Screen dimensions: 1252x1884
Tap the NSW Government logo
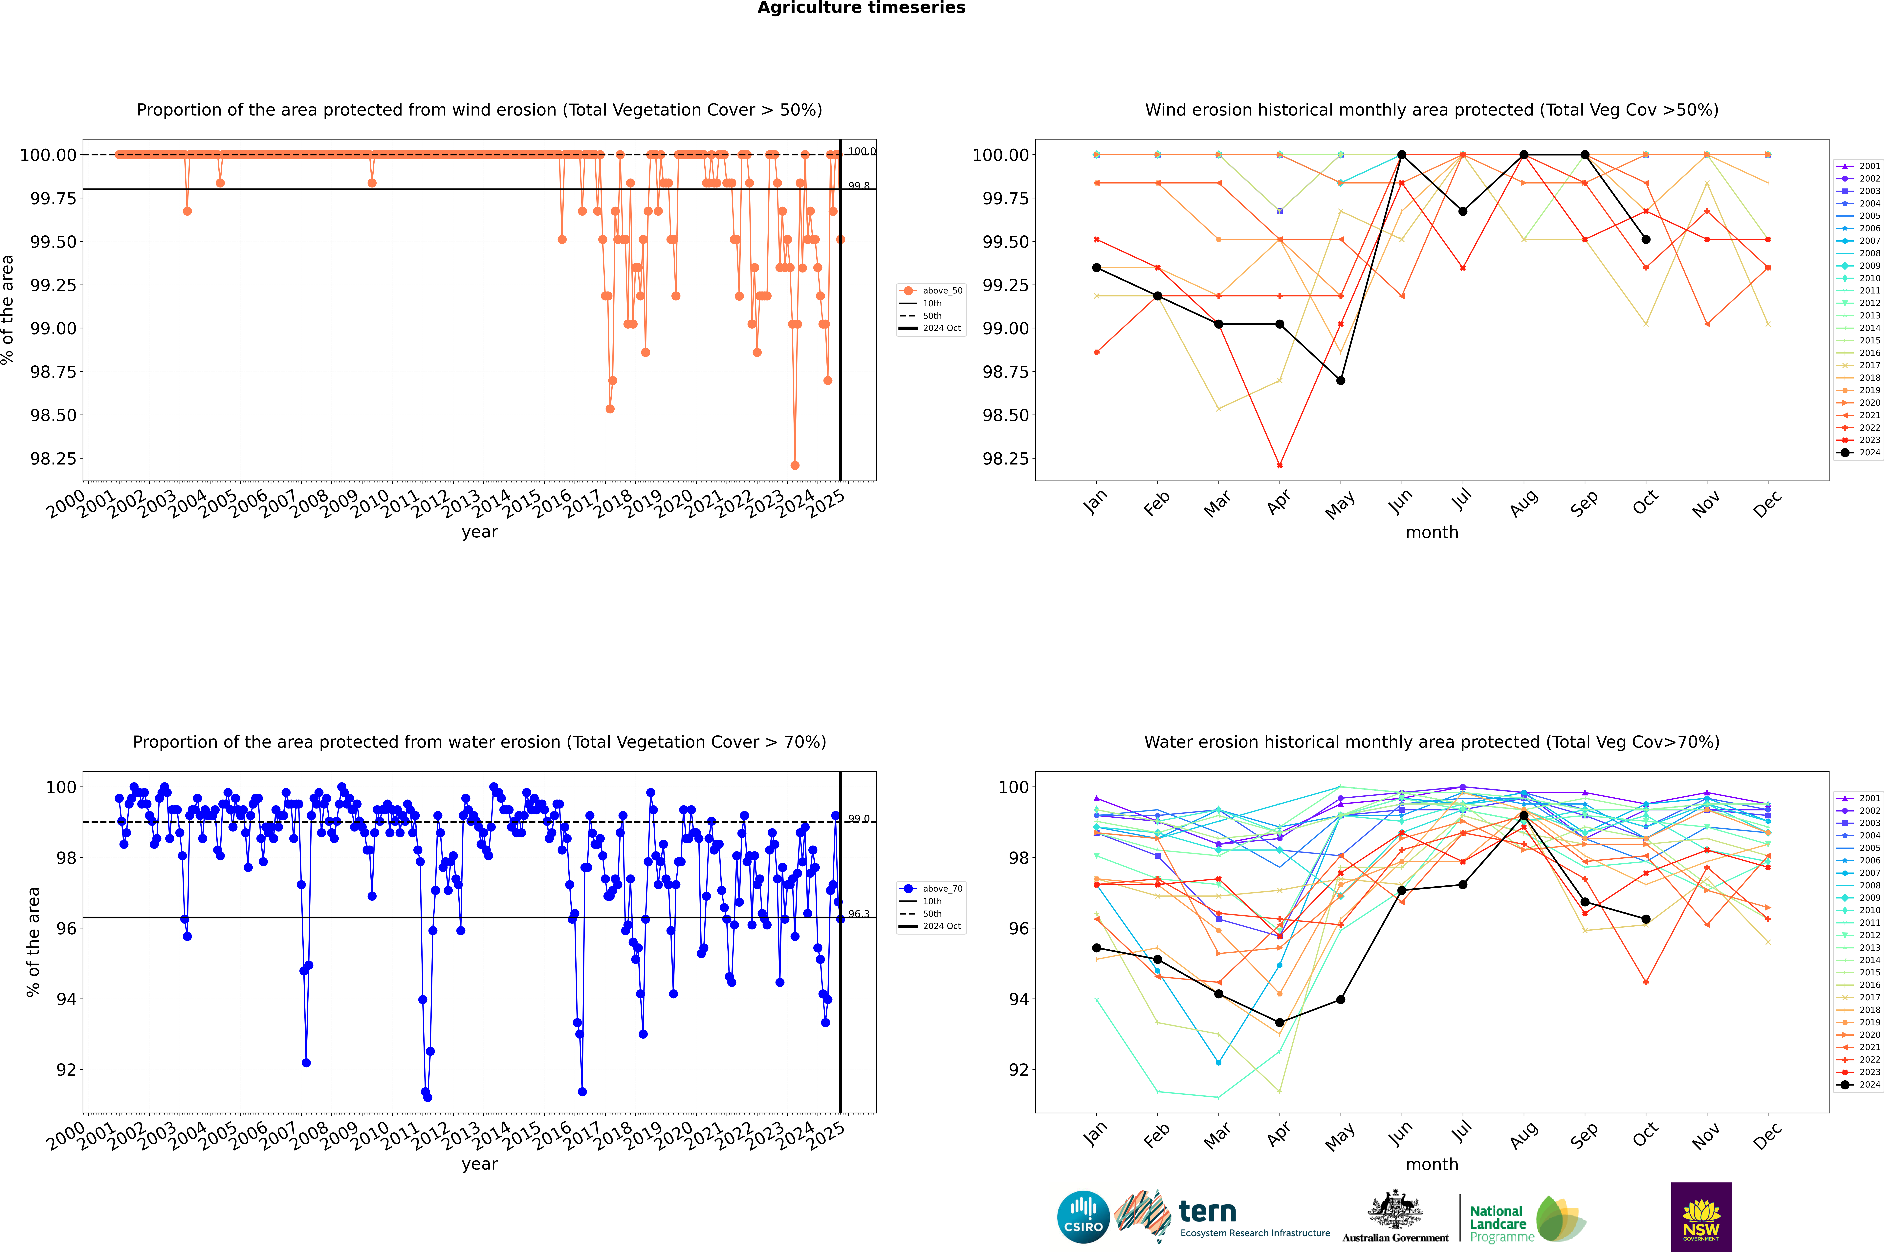click(x=1701, y=1216)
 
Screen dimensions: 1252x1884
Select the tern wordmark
click(x=1208, y=1212)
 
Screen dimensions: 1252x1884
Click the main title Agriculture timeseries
click(x=861, y=8)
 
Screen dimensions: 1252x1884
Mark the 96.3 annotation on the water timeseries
click(x=859, y=914)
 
